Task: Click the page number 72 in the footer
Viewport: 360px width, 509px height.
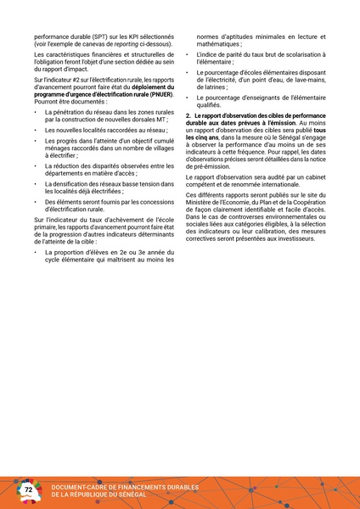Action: click(28, 490)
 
